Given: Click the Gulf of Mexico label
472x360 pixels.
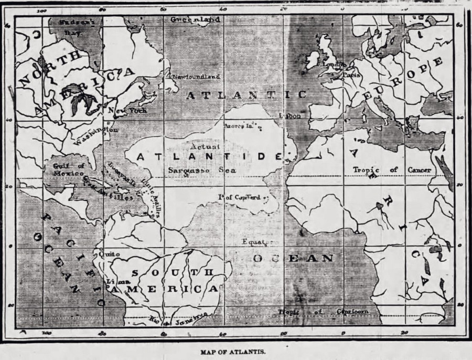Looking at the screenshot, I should pos(68,170).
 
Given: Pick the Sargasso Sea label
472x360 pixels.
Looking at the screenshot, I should pos(202,171).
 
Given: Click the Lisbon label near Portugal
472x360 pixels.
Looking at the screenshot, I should pos(291,116).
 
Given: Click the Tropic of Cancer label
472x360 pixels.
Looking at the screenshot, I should pos(392,170).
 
